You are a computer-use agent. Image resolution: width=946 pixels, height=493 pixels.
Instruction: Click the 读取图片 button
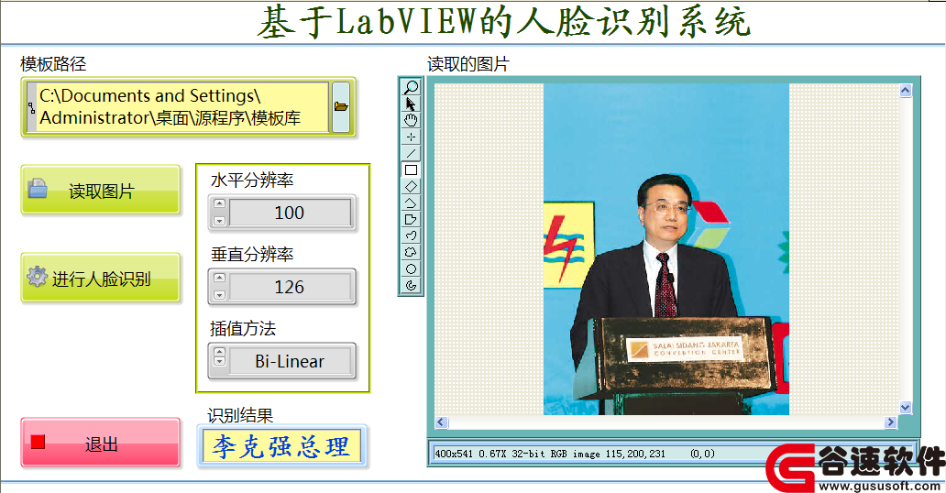(101, 190)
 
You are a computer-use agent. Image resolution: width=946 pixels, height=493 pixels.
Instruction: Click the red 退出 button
(101, 443)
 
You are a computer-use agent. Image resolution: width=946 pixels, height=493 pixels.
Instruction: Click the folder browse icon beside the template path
(341, 107)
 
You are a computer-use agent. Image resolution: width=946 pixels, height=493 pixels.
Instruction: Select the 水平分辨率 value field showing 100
(290, 213)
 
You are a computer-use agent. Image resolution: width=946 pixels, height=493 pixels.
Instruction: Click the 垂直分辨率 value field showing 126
(290, 287)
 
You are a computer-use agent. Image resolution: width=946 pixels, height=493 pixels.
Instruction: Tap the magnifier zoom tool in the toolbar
(411, 87)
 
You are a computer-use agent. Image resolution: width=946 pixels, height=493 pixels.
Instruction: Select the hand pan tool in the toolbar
(411, 120)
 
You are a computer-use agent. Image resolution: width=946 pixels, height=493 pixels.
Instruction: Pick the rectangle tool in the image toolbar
(411, 170)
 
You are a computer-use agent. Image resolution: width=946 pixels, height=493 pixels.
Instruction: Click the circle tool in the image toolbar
(411, 269)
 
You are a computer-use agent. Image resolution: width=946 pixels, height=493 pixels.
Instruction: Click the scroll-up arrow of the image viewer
(905, 91)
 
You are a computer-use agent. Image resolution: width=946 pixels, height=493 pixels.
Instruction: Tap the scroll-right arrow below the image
(890, 422)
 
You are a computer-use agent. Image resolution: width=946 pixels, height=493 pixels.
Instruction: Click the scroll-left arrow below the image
(442, 422)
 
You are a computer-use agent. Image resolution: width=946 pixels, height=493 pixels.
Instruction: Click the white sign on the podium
(686, 349)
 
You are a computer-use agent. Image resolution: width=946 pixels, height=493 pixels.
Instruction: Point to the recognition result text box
(281, 446)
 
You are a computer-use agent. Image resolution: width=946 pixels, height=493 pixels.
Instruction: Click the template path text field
(178, 107)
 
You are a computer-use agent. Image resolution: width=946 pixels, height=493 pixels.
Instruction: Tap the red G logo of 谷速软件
(790, 467)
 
